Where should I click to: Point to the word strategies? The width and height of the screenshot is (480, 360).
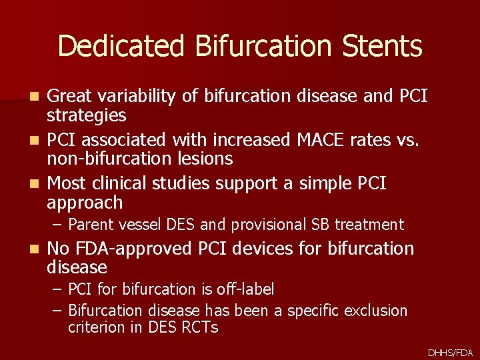(86, 116)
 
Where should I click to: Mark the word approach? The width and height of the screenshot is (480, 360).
(85, 202)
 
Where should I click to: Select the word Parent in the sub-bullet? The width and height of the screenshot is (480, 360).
(90, 225)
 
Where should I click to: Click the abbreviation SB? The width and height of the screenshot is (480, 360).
(322, 225)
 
